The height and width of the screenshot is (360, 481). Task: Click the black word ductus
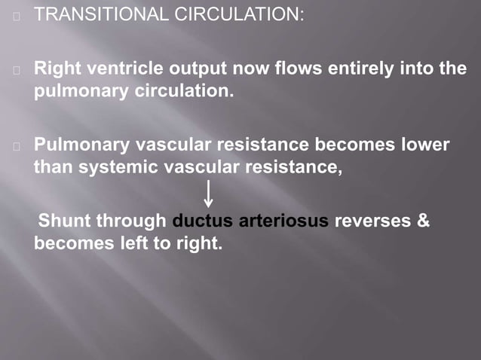point(203,221)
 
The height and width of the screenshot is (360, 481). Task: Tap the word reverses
point(372,221)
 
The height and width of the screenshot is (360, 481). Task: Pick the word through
point(133,221)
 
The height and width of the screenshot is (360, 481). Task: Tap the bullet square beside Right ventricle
point(15,69)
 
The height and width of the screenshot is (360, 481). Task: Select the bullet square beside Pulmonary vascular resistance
point(15,145)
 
